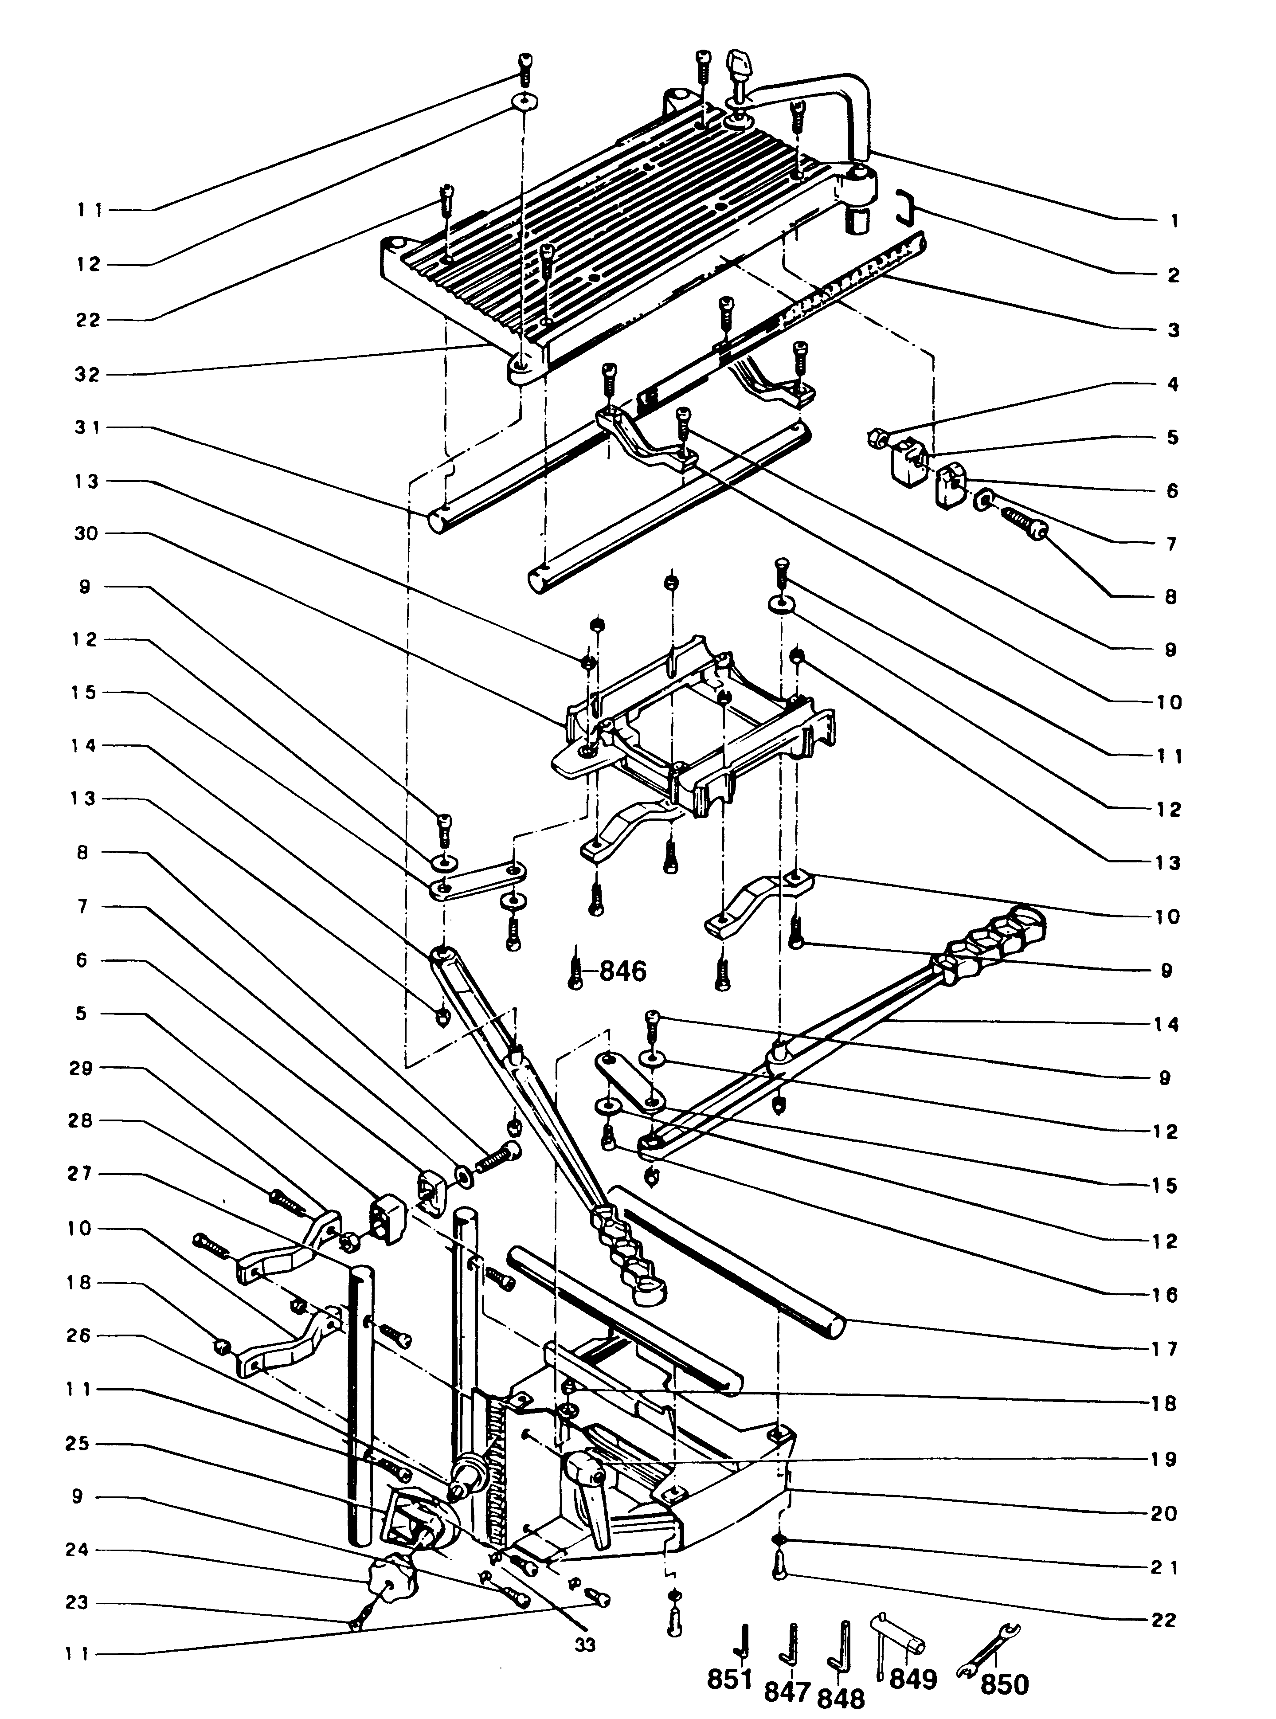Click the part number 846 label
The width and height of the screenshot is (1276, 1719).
click(x=622, y=971)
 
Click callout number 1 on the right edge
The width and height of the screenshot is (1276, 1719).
click(x=1173, y=221)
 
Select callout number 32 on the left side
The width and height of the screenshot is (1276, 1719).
click(x=87, y=375)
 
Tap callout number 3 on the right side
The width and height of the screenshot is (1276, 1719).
click(x=1173, y=330)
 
